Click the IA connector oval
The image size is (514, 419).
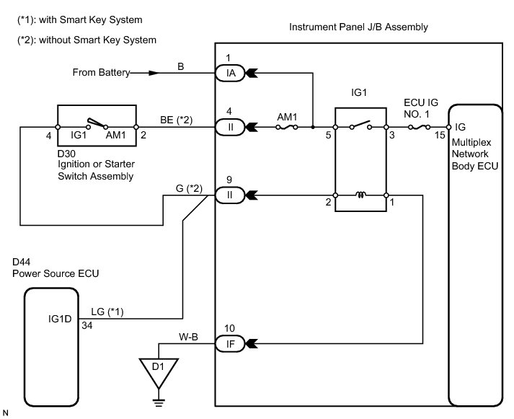pyautogui.click(x=231, y=73)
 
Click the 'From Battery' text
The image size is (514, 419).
pyautogui.click(x=100, y=73)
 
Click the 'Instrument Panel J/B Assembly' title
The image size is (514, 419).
pyautogui.click(x=358, y=27)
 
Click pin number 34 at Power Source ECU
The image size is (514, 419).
pyautogui.click(x=88, y=326)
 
